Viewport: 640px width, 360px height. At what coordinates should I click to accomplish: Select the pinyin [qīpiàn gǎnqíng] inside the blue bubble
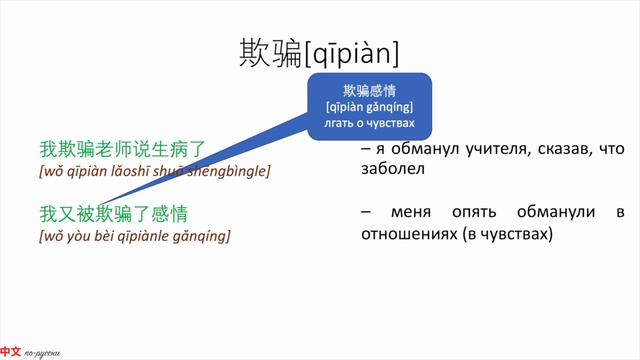pyautogui.click(x=369, y=107)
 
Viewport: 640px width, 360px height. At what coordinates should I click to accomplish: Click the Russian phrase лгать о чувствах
pyautogui.click(x=369, y=124)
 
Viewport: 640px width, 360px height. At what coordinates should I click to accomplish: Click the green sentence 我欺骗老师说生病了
pyautogui.click(x=122, y=150)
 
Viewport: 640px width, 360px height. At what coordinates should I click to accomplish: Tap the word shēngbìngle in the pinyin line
pyautogui.click(x=229, y=171)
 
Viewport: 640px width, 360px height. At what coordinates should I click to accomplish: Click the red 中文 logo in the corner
pyautogui.click(x=10, y=352)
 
